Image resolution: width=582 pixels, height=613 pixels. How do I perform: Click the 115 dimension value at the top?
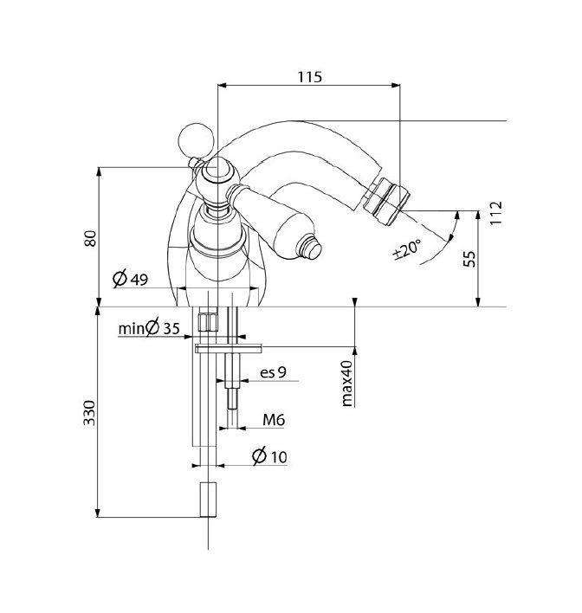pyautogui.click(x=310, y=77)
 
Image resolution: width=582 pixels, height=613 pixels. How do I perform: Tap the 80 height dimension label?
pyautogui.click(x=90, y=238)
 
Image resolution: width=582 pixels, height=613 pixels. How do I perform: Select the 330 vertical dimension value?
pyautogui.click(x=89, y=413)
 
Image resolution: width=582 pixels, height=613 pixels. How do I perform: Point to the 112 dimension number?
pyautogui.click(x=495, y=213)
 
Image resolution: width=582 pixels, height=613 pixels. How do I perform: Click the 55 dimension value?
pyautogui.click(x=469, y=258)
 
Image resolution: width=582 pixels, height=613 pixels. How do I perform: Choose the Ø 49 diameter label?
pyautogui.click(x=130, y=278)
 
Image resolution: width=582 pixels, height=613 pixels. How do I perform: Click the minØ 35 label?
pyautogui.click(x=149, y=327)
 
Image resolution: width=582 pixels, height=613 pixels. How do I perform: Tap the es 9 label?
pyautogui.click(x=273, y=371)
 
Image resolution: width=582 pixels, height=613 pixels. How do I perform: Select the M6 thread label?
pyautogui.click(x=274, y=420)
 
